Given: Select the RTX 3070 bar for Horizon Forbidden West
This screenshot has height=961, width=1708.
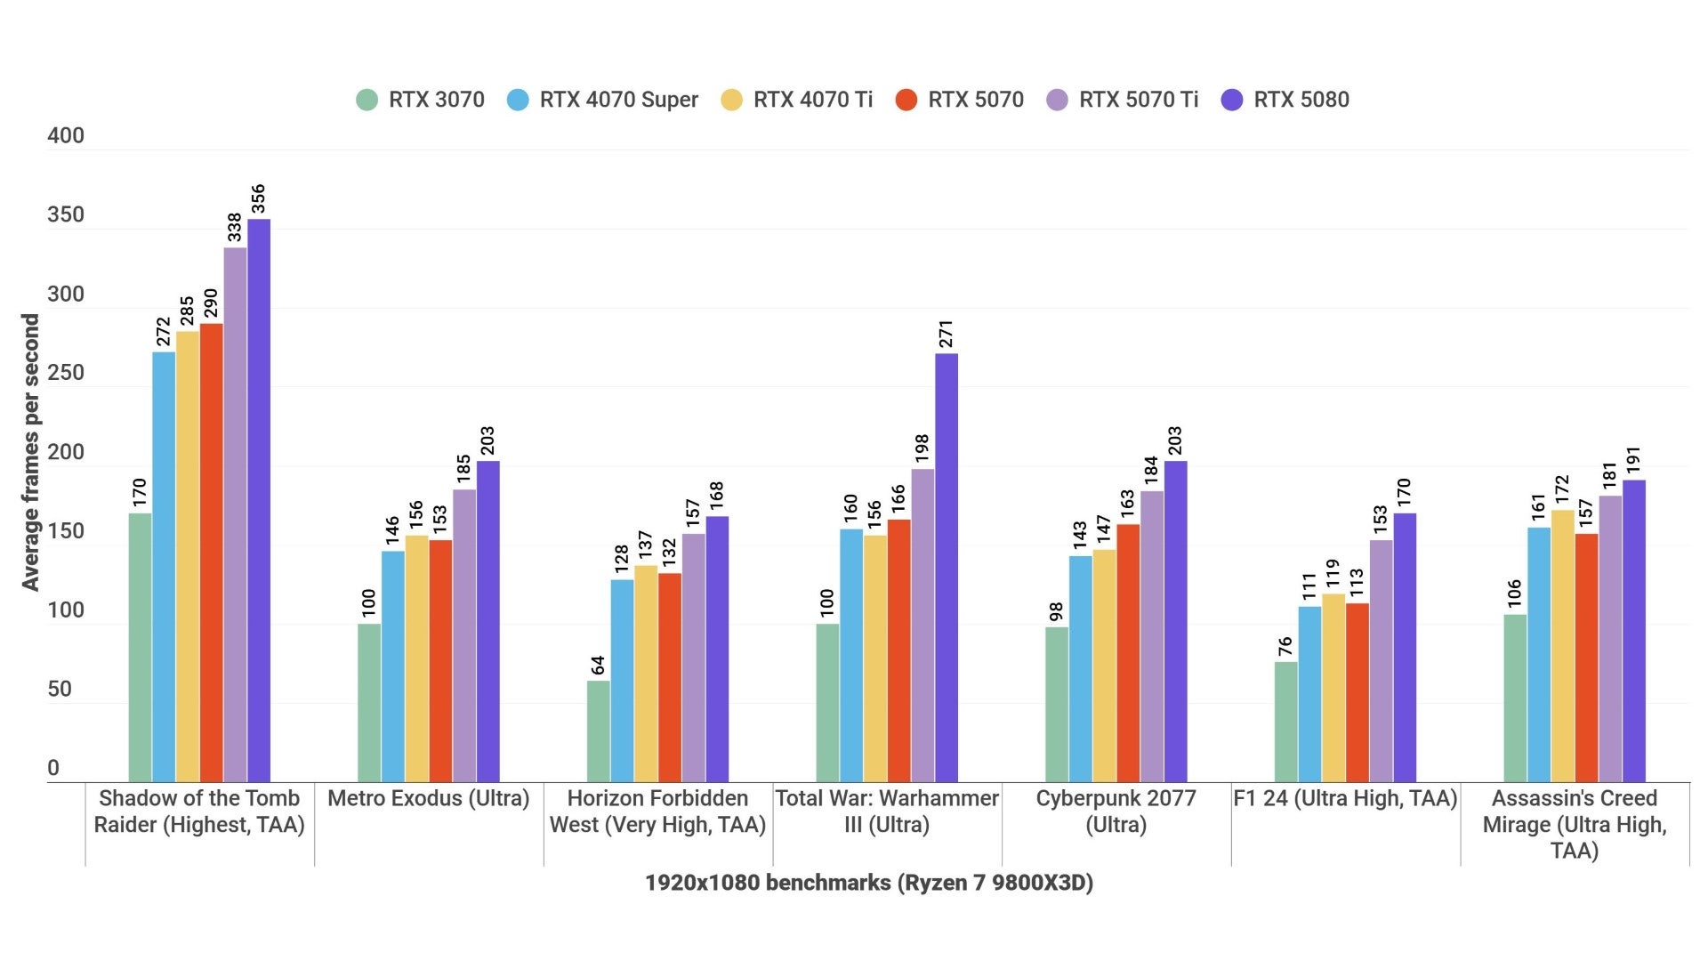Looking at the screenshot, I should [x=598, y=731].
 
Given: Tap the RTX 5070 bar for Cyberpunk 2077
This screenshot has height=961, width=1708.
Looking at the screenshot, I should [x=1128, y=653].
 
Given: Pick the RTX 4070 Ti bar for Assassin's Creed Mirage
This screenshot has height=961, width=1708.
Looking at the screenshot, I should [x=1562, y=646].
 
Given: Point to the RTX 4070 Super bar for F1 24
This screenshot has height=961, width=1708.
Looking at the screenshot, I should [x=1309, y=694].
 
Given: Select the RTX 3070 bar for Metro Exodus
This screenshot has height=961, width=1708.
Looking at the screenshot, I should [x=369, y=703].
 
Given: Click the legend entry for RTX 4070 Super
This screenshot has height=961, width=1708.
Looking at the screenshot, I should [x=602, y=100].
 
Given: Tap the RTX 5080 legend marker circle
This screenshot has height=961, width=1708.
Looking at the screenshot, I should [x=1232, y=100].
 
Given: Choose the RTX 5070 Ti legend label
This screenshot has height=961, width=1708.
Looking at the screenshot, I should [x=1139, y=100].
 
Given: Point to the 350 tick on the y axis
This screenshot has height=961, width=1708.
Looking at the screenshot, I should [x=66, y=215].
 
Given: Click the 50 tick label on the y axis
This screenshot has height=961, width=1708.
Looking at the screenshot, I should [x=60, y=690].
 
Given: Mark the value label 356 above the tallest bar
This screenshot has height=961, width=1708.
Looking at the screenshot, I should [x=258, y=199].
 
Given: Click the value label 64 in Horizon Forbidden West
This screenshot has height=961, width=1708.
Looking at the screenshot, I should [x=598, y=666].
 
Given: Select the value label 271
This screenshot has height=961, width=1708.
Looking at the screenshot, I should [x=946, y=335].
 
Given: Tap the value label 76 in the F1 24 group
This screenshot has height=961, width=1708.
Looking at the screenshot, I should [x=1285, y=647].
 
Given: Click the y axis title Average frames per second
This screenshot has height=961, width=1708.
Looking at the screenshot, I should [x=31, y=452].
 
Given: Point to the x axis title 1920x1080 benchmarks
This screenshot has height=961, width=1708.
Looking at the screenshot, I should [x=868, y=883].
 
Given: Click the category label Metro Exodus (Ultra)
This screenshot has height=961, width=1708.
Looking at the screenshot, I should [x=428, y=798].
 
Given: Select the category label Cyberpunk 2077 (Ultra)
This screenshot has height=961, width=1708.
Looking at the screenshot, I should [x=1116, y=811].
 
